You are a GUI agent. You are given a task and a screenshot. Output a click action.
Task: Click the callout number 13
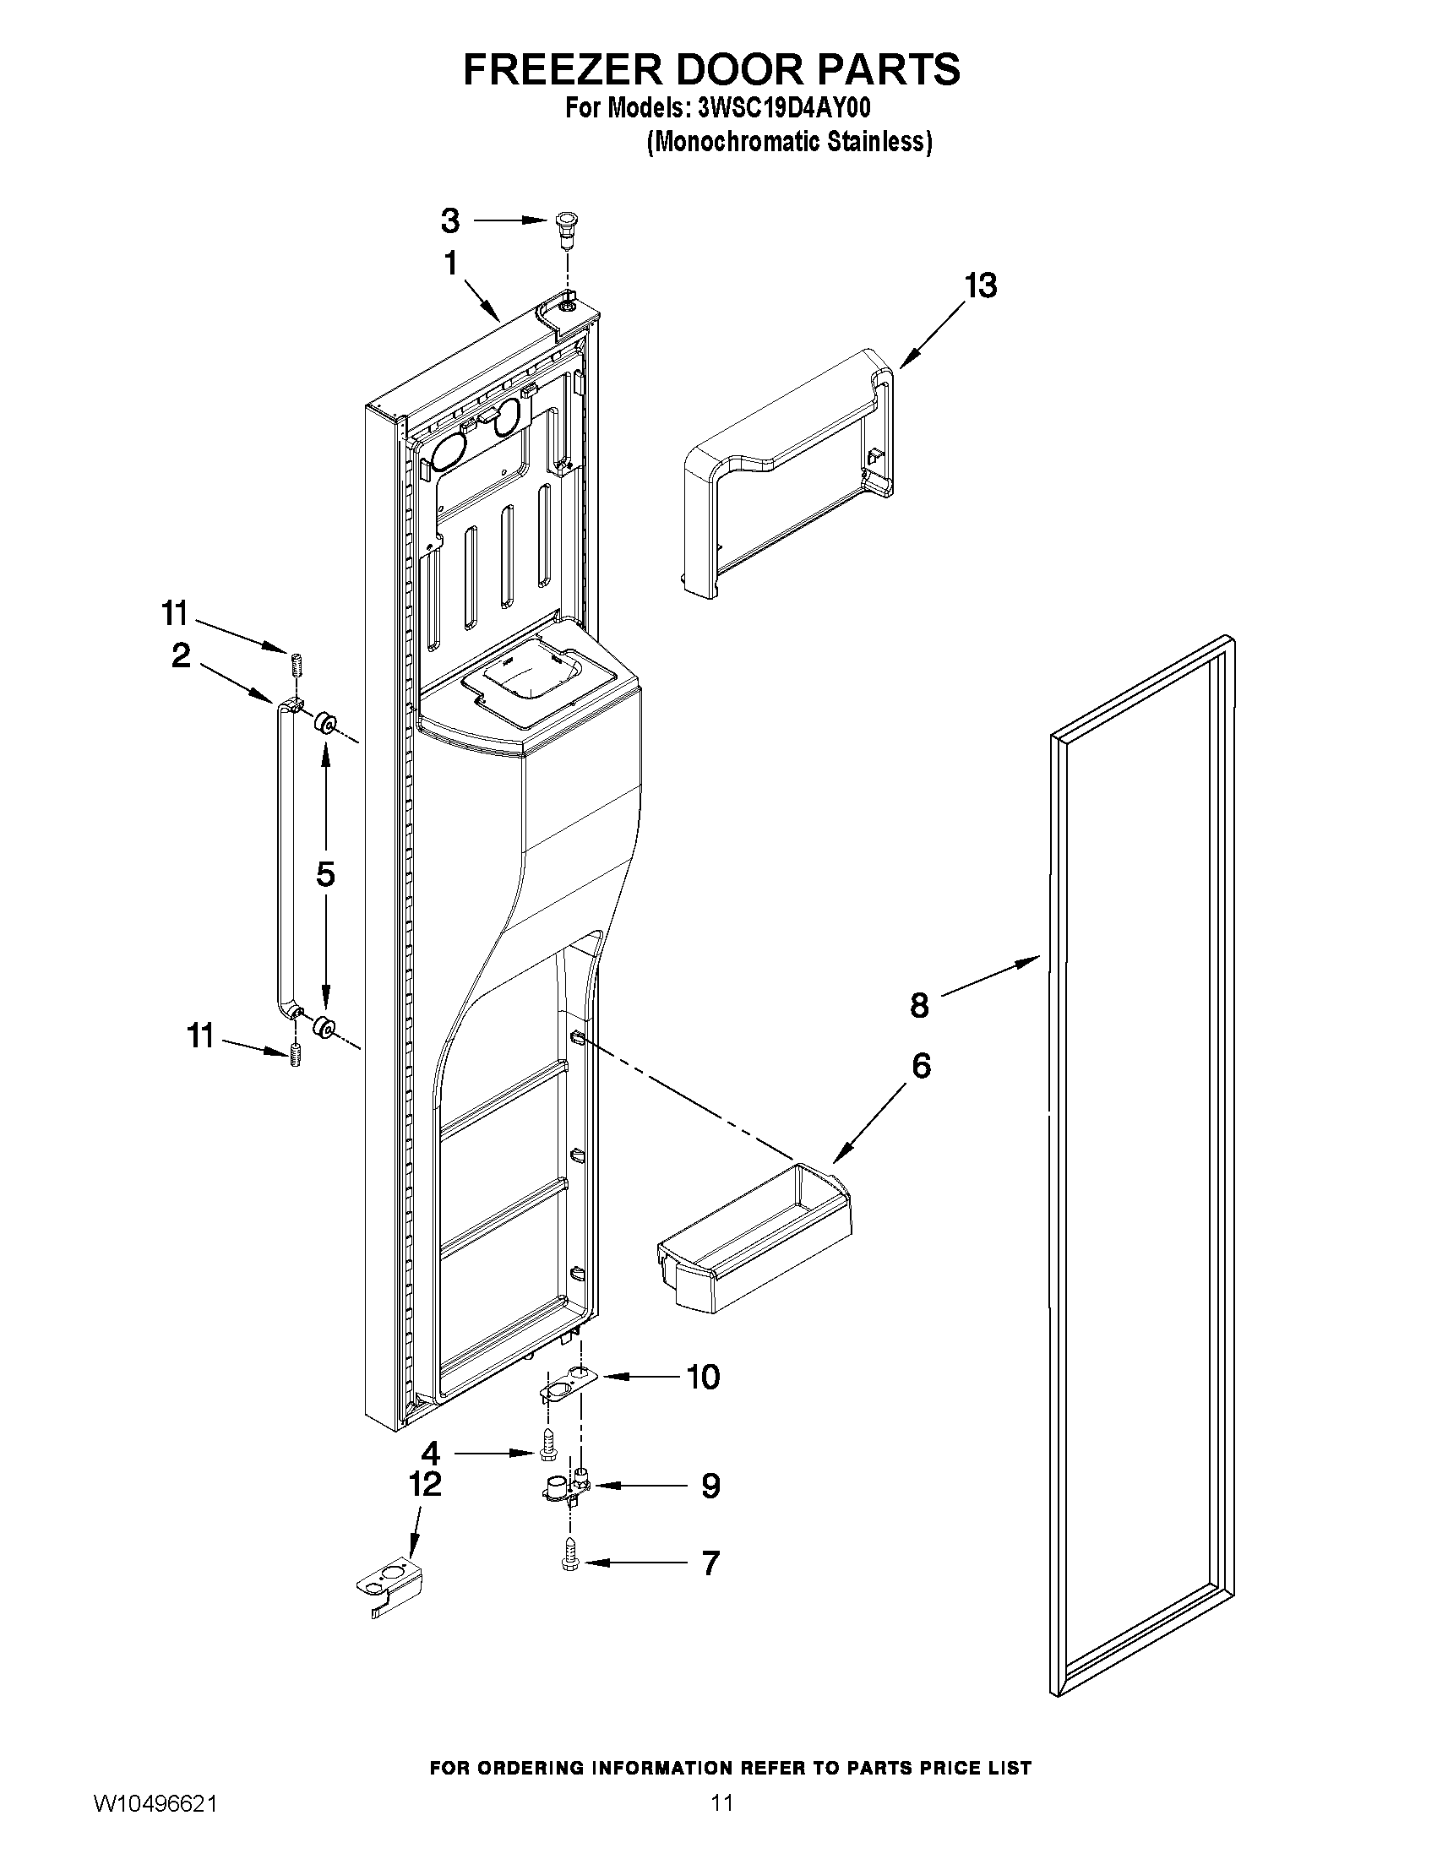(980, 286)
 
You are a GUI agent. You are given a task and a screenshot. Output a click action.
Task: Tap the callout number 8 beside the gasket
(919, 1005)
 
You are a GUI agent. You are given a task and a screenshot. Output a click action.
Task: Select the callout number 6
(921, 1066)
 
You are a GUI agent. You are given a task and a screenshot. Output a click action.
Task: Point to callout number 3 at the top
(450, 220)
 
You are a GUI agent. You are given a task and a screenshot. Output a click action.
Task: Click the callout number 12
(425, 1484)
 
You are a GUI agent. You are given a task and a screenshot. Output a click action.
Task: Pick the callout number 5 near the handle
(325, 874)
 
